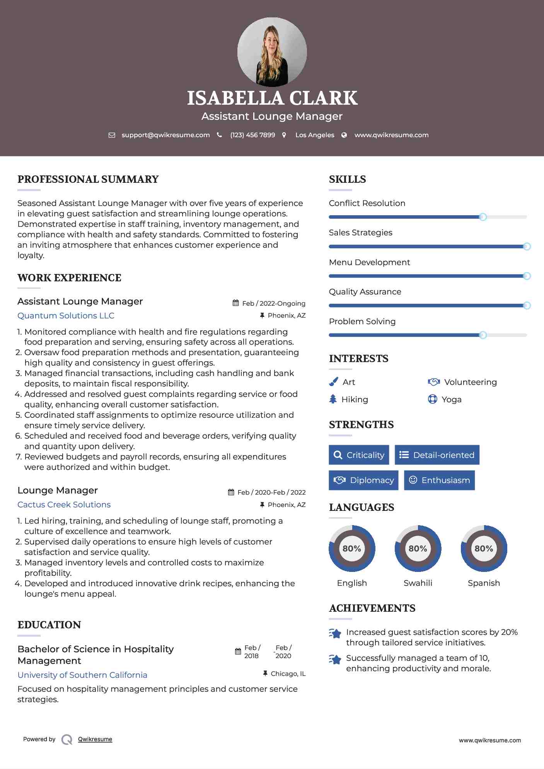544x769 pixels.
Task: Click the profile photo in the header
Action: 272,52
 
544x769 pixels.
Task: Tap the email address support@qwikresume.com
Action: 165,135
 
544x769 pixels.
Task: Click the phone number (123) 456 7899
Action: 252,135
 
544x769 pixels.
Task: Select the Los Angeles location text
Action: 315,135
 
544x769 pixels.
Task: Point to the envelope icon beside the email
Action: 112,135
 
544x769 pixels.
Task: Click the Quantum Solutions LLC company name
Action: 66,316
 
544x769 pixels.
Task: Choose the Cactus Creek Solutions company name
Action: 64,505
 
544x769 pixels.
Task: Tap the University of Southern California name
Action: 82,675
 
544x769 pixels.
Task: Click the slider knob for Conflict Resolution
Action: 483,217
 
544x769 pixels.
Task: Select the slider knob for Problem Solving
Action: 483,335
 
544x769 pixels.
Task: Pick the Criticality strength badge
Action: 359,455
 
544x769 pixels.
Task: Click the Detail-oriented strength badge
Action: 437,455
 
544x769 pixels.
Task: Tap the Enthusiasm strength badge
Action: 439,480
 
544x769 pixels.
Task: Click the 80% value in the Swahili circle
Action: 418,548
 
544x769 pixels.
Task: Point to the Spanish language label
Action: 484,583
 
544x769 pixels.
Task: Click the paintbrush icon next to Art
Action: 333,382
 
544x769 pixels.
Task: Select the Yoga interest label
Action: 452,400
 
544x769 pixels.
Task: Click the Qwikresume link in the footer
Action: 95,739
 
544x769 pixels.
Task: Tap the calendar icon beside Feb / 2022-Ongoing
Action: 235,303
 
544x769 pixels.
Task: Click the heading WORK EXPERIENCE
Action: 69,278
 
